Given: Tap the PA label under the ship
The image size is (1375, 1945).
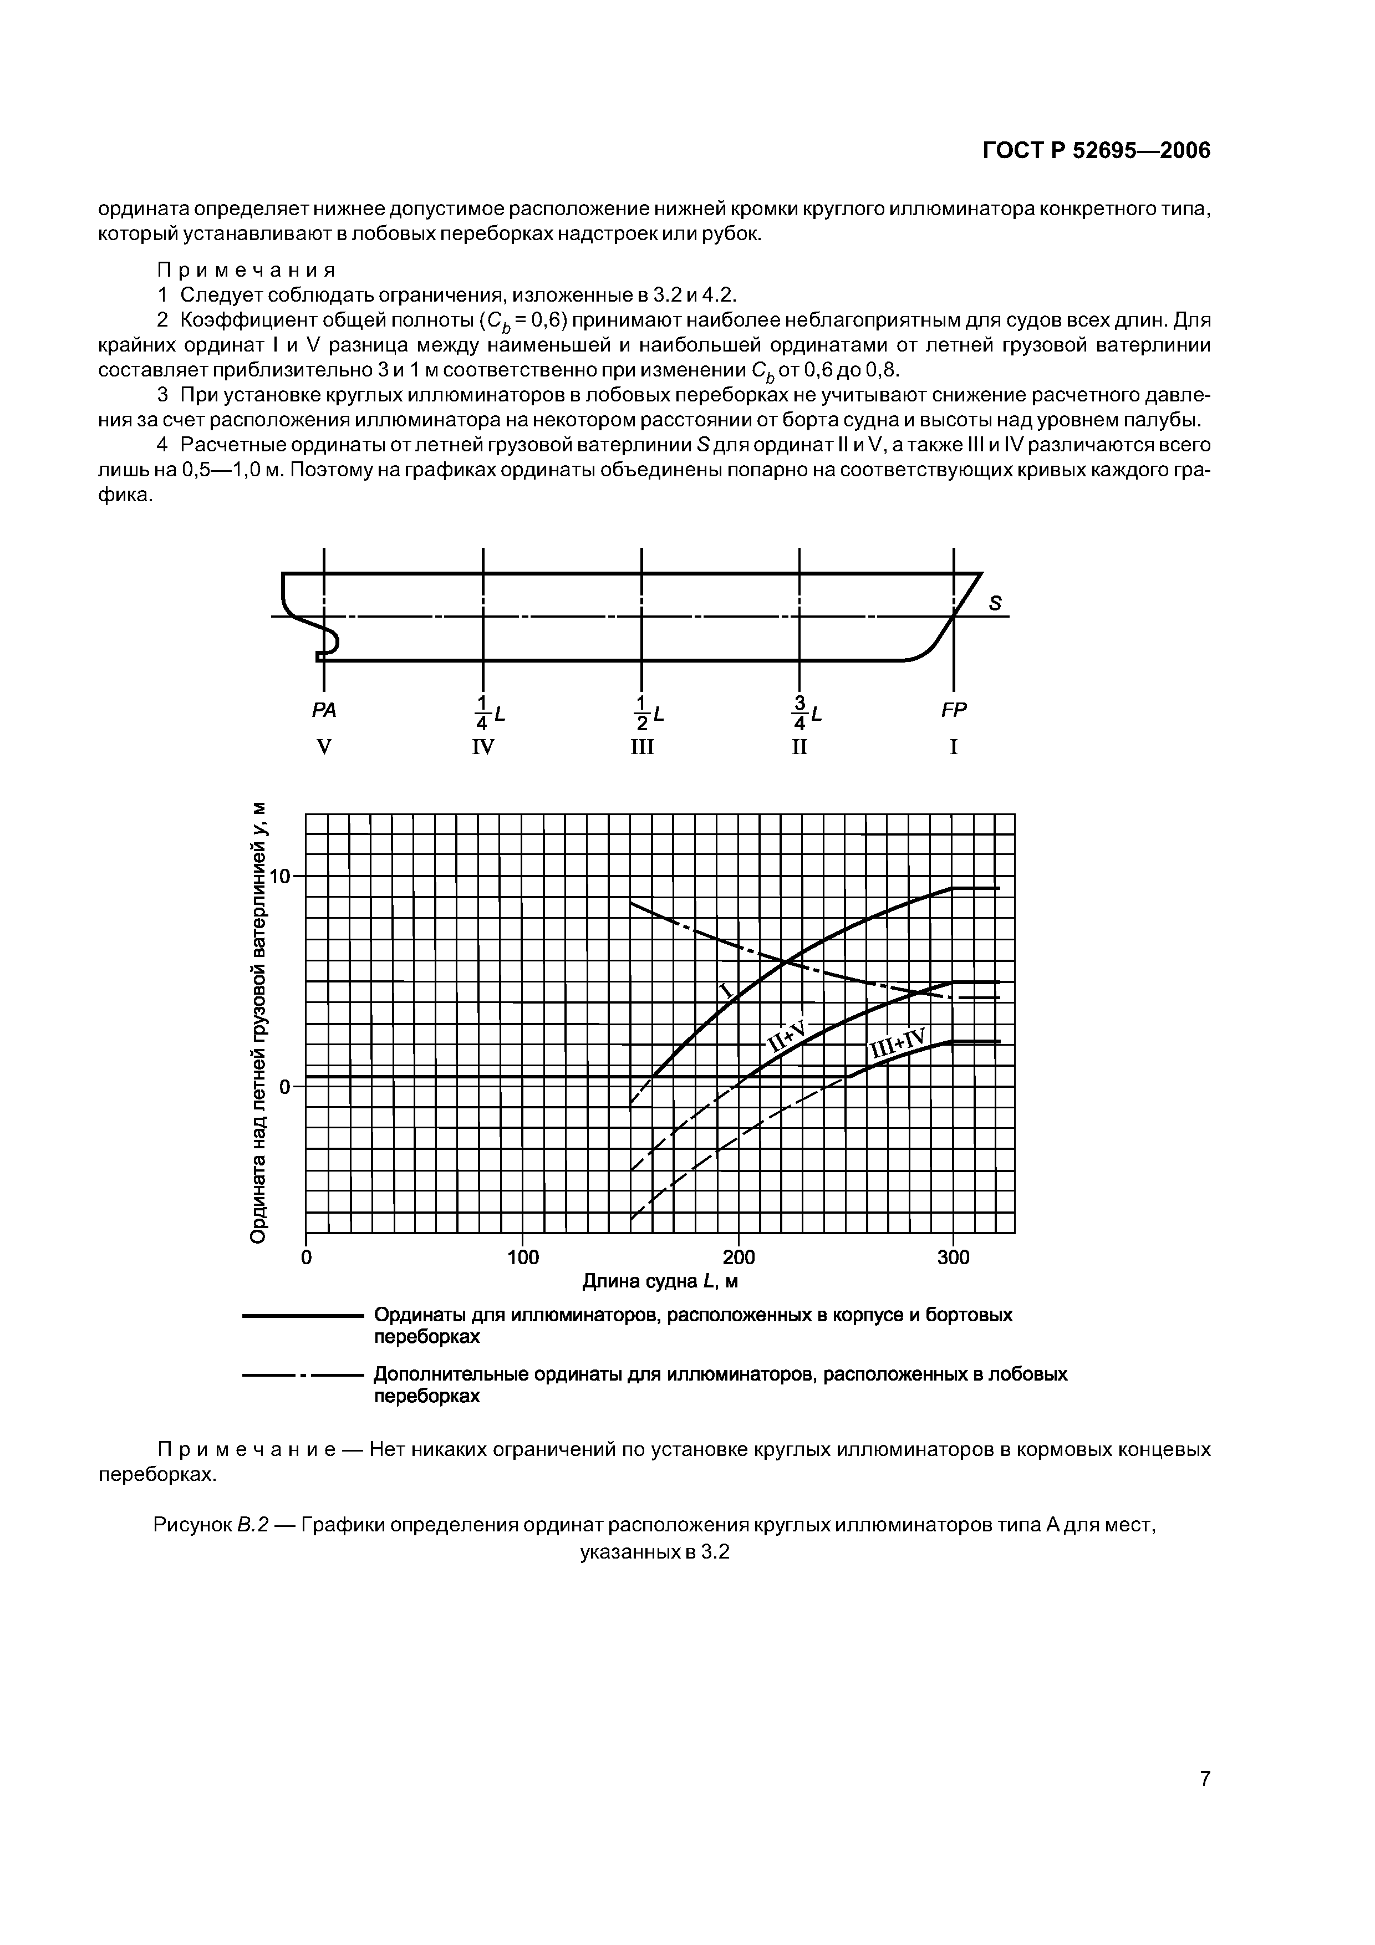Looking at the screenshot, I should (324, 711).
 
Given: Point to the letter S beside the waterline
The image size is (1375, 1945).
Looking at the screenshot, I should (995, 603).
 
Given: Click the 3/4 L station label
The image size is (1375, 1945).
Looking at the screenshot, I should (806, 713).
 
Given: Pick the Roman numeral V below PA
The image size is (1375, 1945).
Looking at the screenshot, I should (323, 747).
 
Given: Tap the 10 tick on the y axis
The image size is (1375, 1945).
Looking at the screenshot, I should (279, 876).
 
